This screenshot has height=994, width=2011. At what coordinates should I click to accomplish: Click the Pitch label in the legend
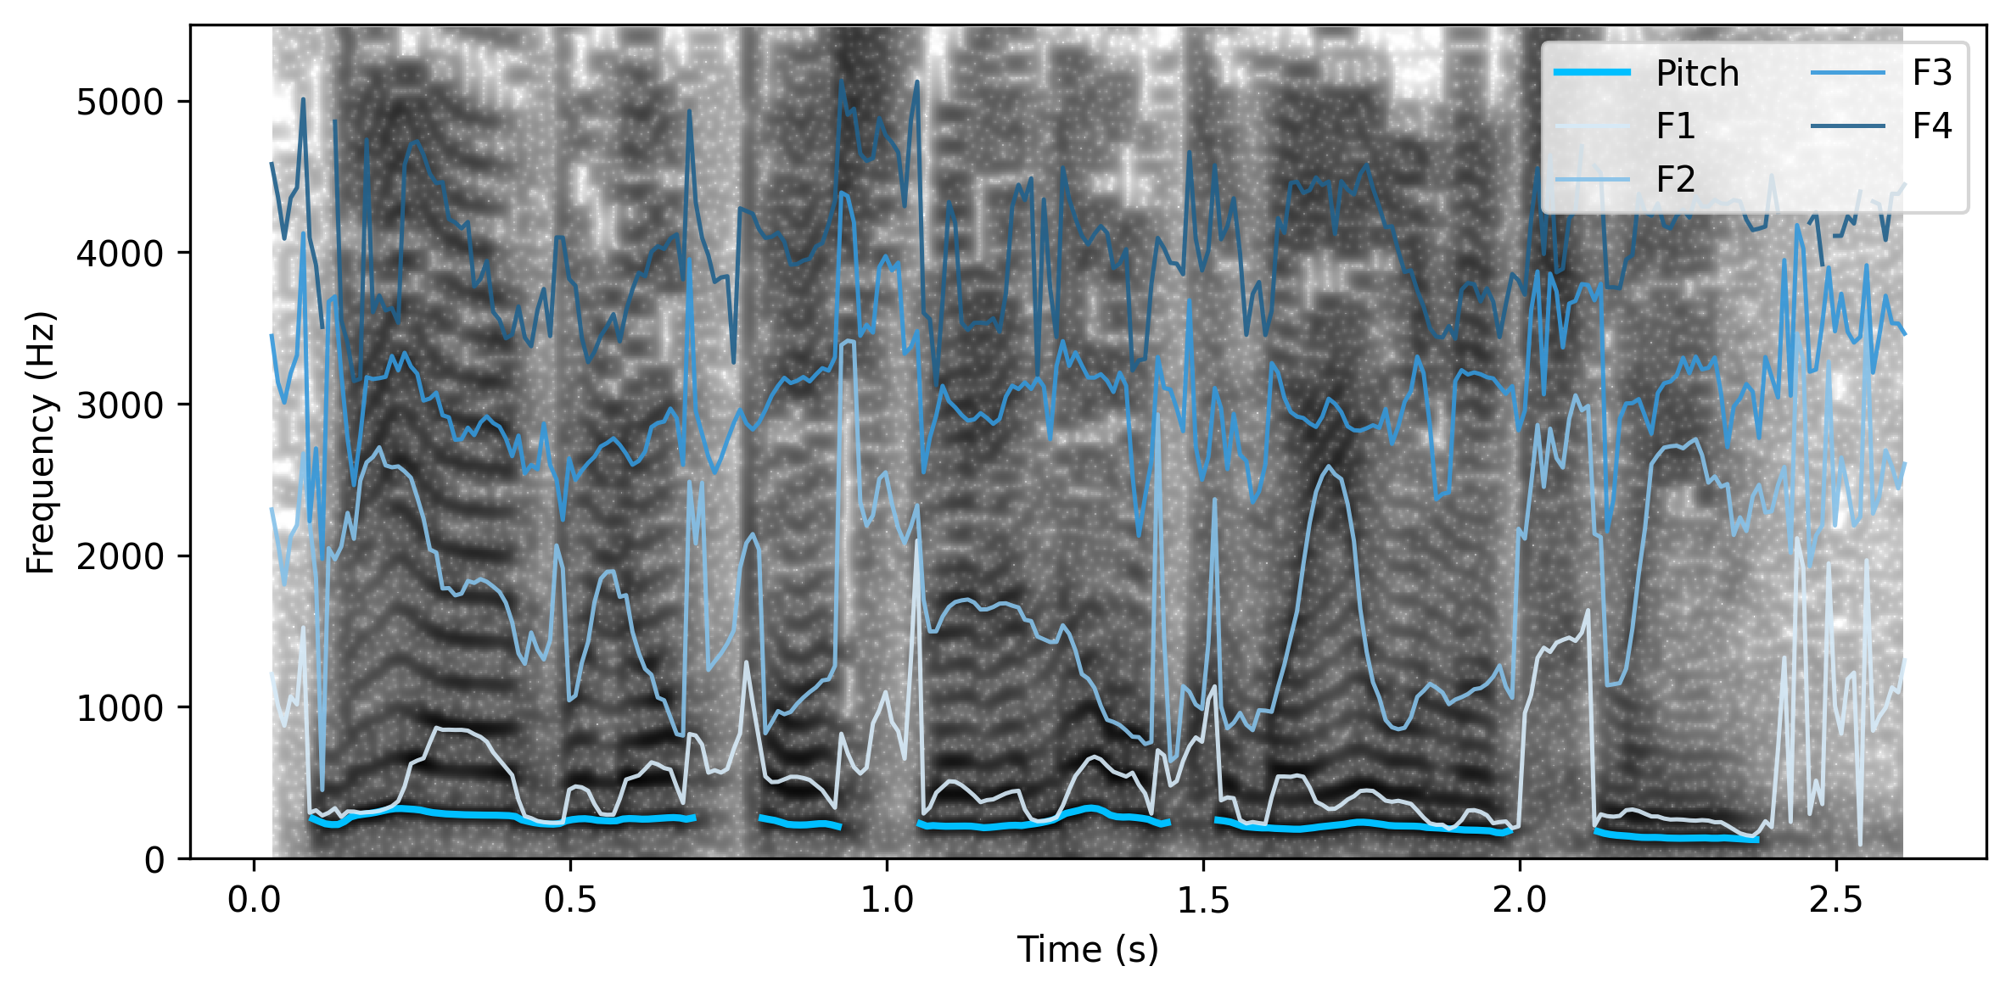click(1697, 74)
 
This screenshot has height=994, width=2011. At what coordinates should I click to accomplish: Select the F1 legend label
click(1675, 126)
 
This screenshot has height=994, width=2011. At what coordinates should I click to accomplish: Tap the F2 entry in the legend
click(1675, 179)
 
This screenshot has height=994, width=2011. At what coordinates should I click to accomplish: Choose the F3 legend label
click(1932, 74)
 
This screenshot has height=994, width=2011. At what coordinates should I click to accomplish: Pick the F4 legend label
click(1932, 126)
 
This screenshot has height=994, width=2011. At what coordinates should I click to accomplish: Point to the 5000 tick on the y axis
click(120, 102)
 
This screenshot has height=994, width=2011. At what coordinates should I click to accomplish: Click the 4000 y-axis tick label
click(120, 254)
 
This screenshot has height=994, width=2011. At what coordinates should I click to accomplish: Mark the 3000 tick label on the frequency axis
click(120, 405)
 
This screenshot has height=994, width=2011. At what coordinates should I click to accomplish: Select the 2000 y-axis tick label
click(120, 556)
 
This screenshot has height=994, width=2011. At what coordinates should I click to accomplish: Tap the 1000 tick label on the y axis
click(120, 708)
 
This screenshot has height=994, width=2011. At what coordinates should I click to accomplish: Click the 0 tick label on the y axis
click(154, 860)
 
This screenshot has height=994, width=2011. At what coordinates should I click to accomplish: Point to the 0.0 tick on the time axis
click(254, 900)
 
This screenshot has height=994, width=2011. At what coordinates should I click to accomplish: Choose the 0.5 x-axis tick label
click(570, 900)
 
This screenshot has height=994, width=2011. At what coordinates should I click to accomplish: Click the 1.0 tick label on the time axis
click(887, 900)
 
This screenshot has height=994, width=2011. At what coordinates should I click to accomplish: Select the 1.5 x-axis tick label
click(1203, 900)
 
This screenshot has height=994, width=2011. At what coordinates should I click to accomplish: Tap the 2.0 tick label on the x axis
click(1520, 900)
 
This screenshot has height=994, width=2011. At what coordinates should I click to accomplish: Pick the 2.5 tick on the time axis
click(1836, 900)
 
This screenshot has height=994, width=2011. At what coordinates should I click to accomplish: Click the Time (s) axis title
click(1088, 949)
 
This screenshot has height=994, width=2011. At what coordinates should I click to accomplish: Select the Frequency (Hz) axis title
click(40, 442)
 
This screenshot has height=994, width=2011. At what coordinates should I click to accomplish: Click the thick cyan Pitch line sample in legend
click(1592, 73)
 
